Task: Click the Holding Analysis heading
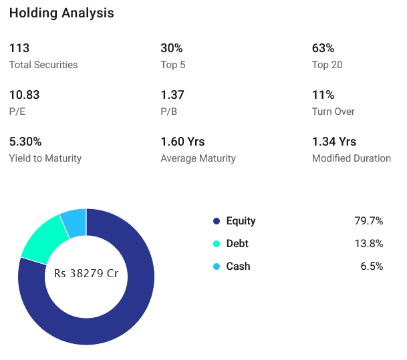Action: (61, 13)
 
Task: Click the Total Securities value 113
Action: (19, 48)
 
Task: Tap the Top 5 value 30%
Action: (172, 48)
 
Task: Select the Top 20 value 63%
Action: (323, 48)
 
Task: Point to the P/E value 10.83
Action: (25, 95)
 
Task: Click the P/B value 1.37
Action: (172, 95)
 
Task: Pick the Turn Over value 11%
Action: (323, 95)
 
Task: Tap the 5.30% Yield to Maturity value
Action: (25, 142)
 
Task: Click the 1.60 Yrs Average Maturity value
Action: (182, 142)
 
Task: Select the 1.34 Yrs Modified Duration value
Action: (334, 142)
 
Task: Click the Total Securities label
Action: (43, 65)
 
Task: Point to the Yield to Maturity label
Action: (45, 158)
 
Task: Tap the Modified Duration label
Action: (352, 158)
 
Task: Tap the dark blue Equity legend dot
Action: (216, 221)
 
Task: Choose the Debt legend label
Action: (237, 244)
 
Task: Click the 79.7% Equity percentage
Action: (368, 221)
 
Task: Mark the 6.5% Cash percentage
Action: (371, 266)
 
